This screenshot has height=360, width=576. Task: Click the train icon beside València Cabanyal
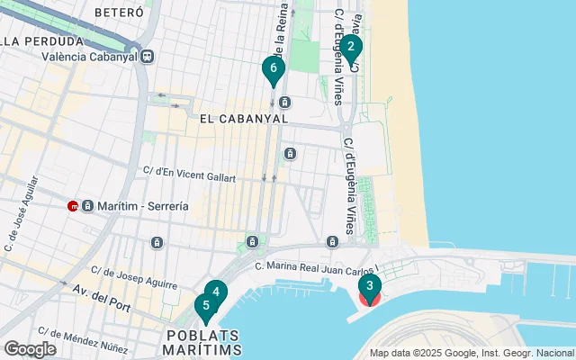148,57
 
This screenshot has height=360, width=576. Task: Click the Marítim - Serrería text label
143,205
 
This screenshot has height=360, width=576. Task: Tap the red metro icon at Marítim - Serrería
73,205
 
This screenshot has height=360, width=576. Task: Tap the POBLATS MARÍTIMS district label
204,340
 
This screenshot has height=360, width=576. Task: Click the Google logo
30,348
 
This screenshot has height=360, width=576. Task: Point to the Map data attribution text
471,353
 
